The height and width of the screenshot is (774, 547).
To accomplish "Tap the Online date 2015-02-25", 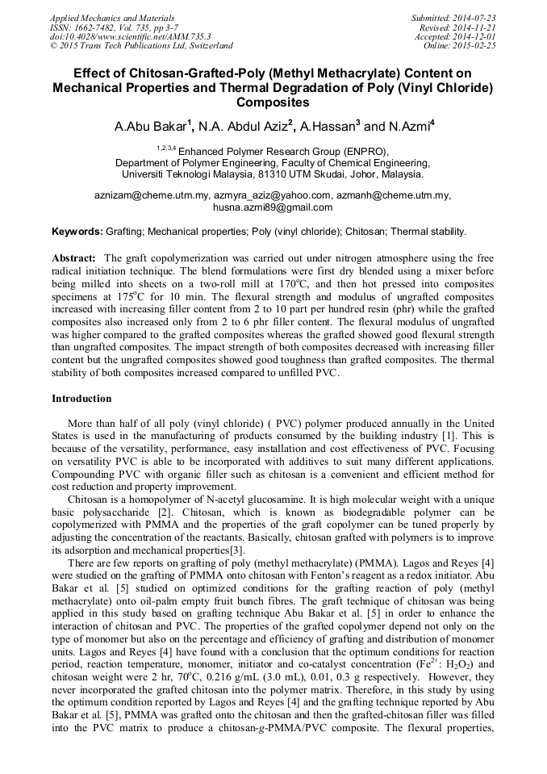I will [474, 46].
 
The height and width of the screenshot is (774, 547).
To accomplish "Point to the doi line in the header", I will [130, 36].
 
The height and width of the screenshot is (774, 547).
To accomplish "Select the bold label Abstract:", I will [74, 257].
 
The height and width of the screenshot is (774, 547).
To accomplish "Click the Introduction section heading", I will [81, 399].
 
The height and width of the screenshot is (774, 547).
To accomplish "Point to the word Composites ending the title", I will [273, 103].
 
